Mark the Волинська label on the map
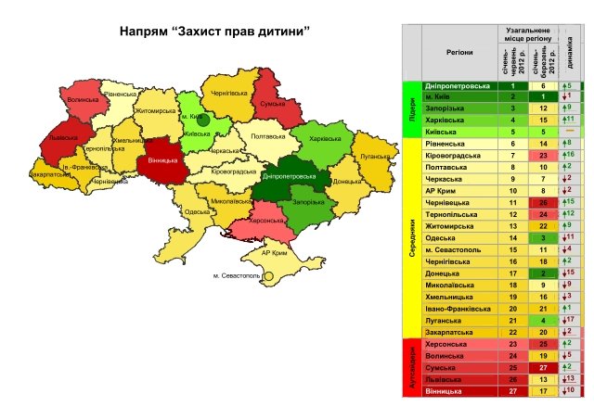click(x=83, y=99)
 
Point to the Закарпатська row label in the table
click(x=450, y=330)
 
